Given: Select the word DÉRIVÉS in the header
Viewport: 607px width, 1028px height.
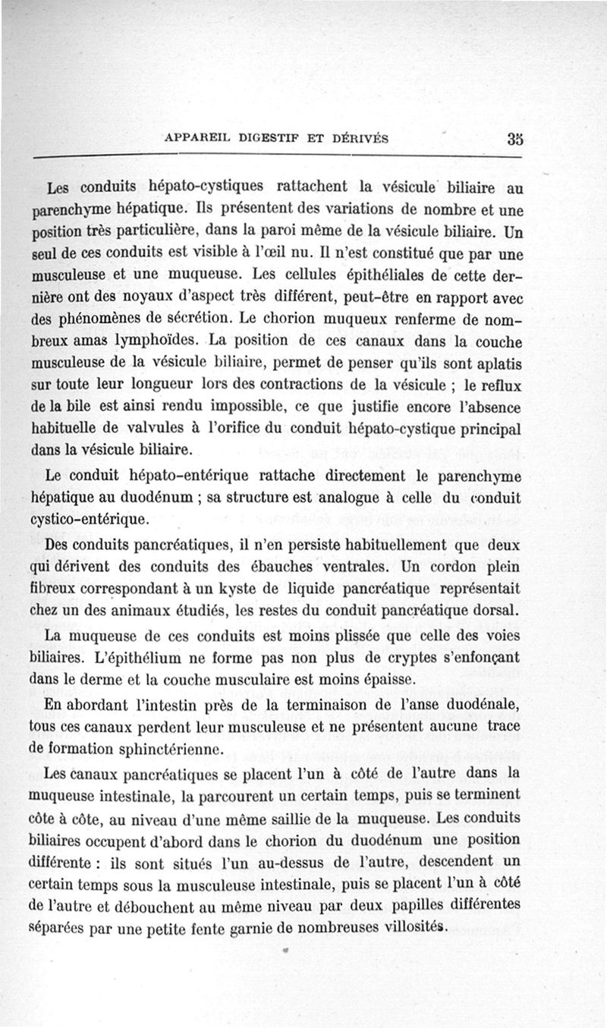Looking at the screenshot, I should (x=357, y=139).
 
